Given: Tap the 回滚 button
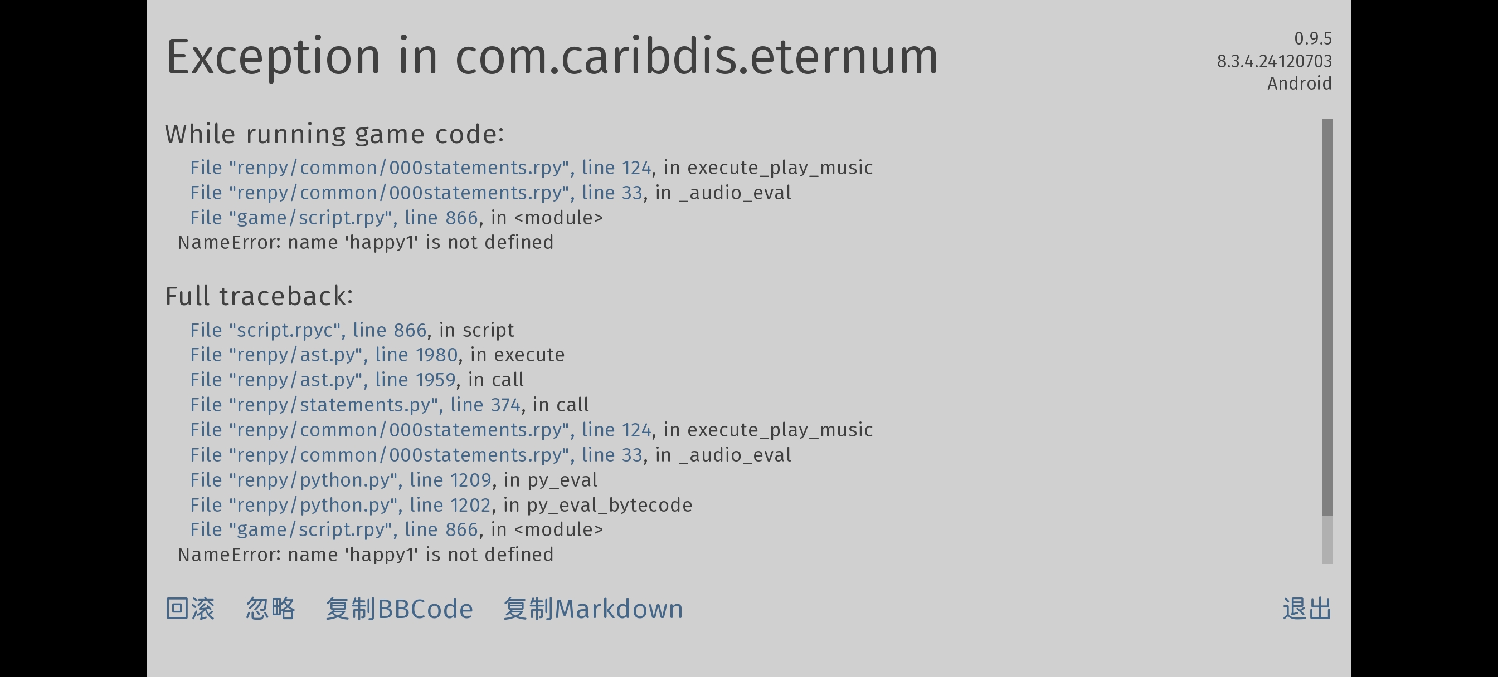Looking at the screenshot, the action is click(x=190, y=609).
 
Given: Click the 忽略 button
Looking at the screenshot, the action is click(x=270, y=609).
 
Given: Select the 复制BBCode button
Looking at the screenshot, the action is click(x=400, y=609).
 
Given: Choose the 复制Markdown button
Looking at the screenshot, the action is click(x=593, y=609).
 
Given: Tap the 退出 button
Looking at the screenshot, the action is click(x=1307, y=609).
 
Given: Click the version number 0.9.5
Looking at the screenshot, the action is click(x=1313, y=38).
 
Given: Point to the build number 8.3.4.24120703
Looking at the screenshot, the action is click(x=1275, y=61).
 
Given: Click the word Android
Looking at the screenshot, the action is click(x=1300, y=83).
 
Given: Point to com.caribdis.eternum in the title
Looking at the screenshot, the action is click(x=697, y=56).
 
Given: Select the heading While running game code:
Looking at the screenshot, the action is click(x=334, y=134).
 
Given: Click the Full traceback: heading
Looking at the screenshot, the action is click(x=259, y=296).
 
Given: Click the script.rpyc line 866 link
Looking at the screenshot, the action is click(x=308, y=330).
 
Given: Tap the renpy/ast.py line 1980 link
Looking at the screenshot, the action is click(x=324, y=355).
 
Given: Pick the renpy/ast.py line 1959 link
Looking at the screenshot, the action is click(x=323, y=380).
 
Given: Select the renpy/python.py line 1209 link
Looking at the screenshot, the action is click(x=341, y=480).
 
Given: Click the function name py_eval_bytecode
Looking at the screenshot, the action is click(x=610, y=505).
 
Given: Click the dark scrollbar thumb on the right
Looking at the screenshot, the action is click(x=1327, y=317).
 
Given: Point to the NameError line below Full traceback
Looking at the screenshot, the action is click(x=365, y=555).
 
